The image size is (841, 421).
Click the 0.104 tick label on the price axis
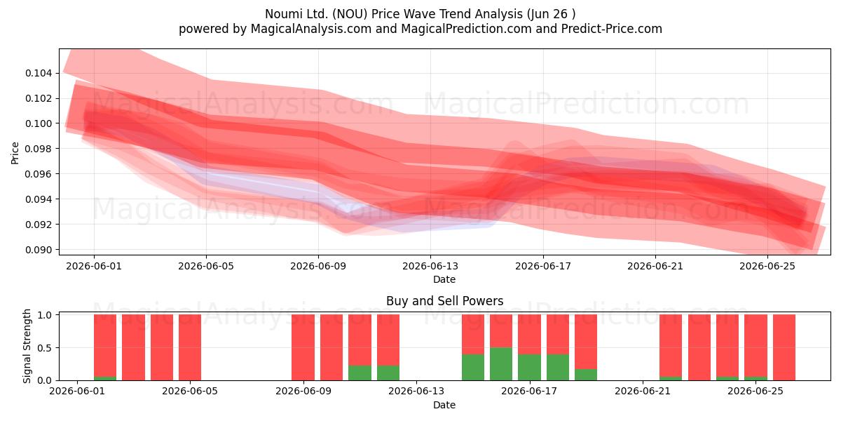click(x=39, y=73)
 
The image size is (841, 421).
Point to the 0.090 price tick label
click(x=39, y=250)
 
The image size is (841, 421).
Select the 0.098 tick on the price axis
click(x=39, y=149)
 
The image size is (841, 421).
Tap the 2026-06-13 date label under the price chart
click(x=430, y=266)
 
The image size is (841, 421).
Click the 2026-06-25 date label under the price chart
click(x=767, y=266)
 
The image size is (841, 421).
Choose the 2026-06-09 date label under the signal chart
click(x=303, y=391)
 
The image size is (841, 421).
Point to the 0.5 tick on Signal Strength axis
click(x=45, y=348)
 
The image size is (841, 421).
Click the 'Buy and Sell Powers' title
click(x=444, y=301)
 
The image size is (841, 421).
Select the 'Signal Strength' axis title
click(x=27, y=346)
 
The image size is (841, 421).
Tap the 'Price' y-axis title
click(x=15, y=153)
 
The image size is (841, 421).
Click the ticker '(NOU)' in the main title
click(x=350, y=14)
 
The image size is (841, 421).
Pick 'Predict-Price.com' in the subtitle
click(x=612, y=29)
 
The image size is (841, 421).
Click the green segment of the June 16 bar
click(x=501, y=364)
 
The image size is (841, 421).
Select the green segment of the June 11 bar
click(x=360, y=373)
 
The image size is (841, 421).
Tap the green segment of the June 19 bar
click(x=586, y=375)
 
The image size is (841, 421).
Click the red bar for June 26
click(x=784, y=347)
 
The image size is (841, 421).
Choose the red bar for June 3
click(x=133, y=347)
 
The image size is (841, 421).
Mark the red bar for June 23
click(x=699, y=347)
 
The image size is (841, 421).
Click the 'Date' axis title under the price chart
click(x=444, y=279)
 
